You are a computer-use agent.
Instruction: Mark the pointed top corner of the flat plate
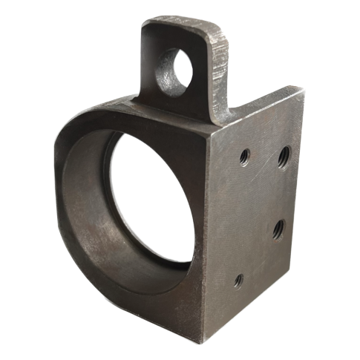coord(304,90)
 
